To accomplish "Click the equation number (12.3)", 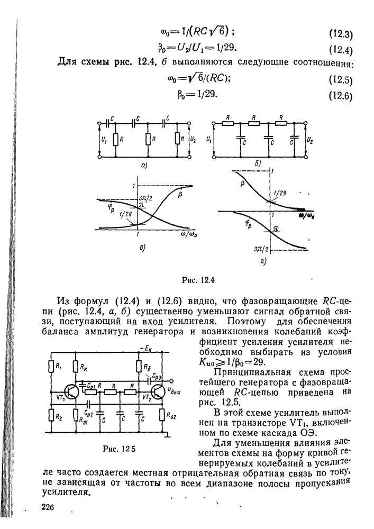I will pyautogui.click(x=341, y=35).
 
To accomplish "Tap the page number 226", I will pyautogui.click(x=48, y=507).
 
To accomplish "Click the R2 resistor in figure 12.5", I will pyautogui.click(x=52, y=416).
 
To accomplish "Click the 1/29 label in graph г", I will pyautogui.click(x=281, y=194).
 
